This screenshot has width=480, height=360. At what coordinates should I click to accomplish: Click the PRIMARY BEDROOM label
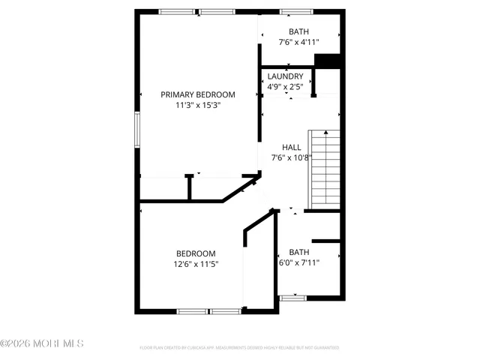click(198, 94)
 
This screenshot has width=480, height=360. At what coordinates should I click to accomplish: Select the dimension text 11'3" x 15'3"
click(198, 106)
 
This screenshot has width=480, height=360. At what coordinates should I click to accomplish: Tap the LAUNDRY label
click(286, 76)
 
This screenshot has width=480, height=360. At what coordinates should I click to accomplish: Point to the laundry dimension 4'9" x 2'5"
click(286, 87)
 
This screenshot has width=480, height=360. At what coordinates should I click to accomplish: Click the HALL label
click(291, 147)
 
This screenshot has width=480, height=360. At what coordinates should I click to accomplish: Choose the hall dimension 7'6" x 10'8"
click(291, 158)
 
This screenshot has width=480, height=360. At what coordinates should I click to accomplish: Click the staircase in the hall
click(325, 169)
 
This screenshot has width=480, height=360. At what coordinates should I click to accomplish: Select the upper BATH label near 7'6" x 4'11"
click(298, 31)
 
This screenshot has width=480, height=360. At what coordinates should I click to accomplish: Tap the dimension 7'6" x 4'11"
click(298, 43)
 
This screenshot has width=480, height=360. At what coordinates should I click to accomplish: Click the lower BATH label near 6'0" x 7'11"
click(298, 252)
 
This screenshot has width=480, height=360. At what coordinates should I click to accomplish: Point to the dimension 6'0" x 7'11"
click(298, 263)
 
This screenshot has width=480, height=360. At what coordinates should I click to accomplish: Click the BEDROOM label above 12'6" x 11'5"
click(196, 253)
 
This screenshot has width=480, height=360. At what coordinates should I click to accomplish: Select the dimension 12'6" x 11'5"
click(196, 264)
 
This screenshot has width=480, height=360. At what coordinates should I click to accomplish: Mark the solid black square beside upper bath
click(328, 61)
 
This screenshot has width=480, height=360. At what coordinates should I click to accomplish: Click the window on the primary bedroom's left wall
click(137, 128)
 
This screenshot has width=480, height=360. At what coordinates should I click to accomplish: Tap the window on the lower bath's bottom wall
click(292, 298)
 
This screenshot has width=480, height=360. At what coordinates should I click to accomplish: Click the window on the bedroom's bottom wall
click(208, 310)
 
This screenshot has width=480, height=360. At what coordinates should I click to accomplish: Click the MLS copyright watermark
click(42, 343)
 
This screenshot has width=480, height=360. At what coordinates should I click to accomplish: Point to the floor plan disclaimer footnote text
click(239, 348)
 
